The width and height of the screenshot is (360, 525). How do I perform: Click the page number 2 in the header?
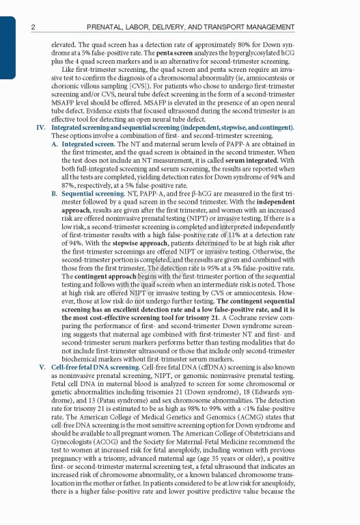(33, 27)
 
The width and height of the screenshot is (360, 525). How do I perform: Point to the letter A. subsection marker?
(55, 145)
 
